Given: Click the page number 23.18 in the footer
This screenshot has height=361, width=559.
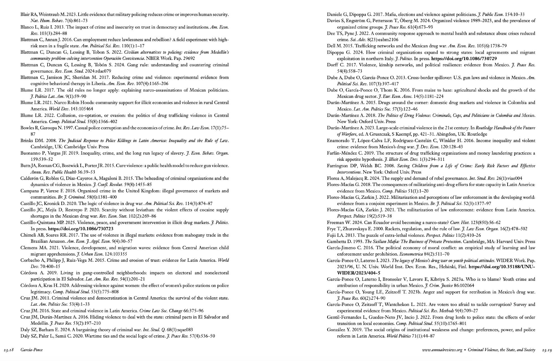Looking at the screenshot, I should coord(9,350).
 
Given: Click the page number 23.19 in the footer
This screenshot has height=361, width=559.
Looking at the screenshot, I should coord(547,350).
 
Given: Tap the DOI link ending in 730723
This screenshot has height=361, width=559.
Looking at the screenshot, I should coord(80,229).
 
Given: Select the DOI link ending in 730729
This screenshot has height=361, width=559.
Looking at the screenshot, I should coord(464,59).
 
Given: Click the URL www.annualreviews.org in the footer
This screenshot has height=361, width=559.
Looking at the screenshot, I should coord(442,350).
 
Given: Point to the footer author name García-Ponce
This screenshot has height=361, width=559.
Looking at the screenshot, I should coord(32,350).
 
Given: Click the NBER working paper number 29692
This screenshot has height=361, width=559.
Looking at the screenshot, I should coord(188,58).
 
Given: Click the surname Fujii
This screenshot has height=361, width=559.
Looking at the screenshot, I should coord(332,235).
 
